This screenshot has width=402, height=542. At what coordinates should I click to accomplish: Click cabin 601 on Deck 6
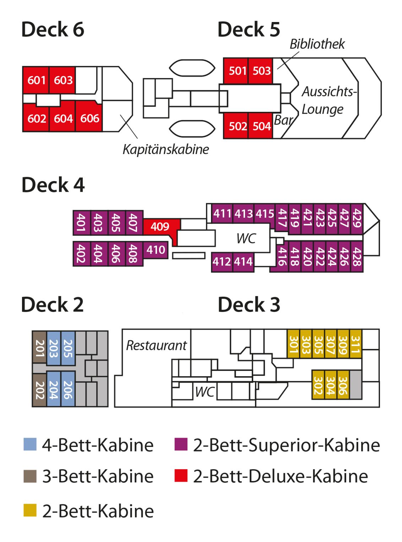click(x=36, y=80)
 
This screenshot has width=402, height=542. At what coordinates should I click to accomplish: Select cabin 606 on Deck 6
click(x=89, y=118)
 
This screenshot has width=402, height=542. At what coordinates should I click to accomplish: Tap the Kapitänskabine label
click(x=165, y=149)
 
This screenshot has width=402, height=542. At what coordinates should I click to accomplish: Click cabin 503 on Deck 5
click(x=261, y=71)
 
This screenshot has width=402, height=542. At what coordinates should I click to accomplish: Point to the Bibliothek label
click(x=317, y=44)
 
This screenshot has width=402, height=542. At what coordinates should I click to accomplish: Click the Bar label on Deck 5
click(x=283, y=120)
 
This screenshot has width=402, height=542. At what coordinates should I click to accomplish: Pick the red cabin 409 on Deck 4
click(x=160, y=226)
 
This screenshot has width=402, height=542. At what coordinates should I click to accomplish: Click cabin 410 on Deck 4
click(x=156, y=250)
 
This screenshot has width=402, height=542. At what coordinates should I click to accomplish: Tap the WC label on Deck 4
click(x=246, y=239)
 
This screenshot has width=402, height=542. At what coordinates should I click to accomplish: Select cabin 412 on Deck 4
click(x=222, y=262)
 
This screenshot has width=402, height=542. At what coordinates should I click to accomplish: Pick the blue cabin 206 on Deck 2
click(x=68, y=390)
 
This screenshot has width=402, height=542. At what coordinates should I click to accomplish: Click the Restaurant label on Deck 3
click(x=156, y=345)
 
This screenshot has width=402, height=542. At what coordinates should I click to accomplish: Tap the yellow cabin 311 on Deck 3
click(x=355, y=344)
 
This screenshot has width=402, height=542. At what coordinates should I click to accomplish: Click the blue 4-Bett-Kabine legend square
click(x=30, y=444)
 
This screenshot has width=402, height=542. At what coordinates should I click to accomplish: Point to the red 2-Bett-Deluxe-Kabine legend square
click(x=181, y=476)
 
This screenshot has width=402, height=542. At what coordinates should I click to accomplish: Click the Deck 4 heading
click(x=53, y=185)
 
